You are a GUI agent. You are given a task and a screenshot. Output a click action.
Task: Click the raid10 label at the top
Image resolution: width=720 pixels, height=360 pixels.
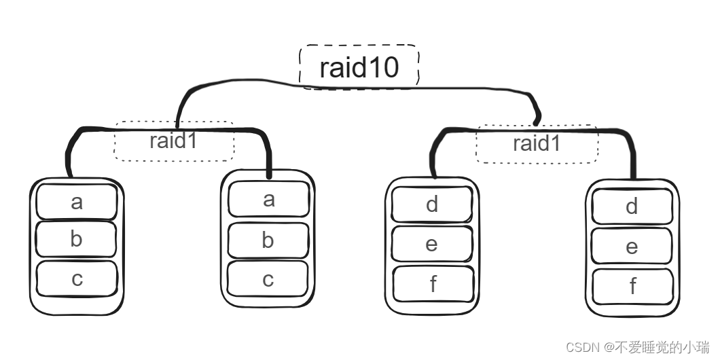(359, 67)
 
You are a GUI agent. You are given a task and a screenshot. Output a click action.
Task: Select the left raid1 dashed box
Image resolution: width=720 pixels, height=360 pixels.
(174, 142)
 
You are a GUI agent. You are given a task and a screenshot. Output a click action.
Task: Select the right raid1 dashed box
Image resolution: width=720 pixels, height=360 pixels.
(537, 143)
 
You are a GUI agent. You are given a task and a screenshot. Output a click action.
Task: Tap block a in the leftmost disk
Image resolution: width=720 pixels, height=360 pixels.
(77, 201)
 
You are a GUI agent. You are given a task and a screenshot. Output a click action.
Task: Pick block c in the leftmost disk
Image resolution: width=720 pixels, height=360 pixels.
(77, 278)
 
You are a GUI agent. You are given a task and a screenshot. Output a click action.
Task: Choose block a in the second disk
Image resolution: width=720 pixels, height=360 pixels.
(268, 199)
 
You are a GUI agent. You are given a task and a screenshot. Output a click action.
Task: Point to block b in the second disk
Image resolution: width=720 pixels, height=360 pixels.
(268, 240)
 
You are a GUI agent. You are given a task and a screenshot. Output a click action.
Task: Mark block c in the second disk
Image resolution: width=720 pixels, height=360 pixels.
(268, 278)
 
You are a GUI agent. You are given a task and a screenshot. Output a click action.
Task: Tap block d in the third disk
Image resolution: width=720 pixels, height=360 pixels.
(432, 204)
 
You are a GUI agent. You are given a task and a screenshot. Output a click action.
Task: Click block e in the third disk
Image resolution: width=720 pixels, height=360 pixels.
(432, 244)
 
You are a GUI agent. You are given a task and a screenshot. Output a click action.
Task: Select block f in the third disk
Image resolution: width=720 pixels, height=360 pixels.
(433, 283)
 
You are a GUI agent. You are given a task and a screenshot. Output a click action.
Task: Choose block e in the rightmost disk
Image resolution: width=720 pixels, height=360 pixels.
(632, 247)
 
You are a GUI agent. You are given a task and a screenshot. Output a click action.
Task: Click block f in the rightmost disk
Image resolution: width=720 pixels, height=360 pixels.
(632, 287)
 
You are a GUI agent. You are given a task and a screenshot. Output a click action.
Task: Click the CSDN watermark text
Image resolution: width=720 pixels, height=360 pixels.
(628, 347)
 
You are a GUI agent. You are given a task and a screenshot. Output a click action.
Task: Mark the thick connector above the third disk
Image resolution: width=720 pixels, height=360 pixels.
(434, 153)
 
